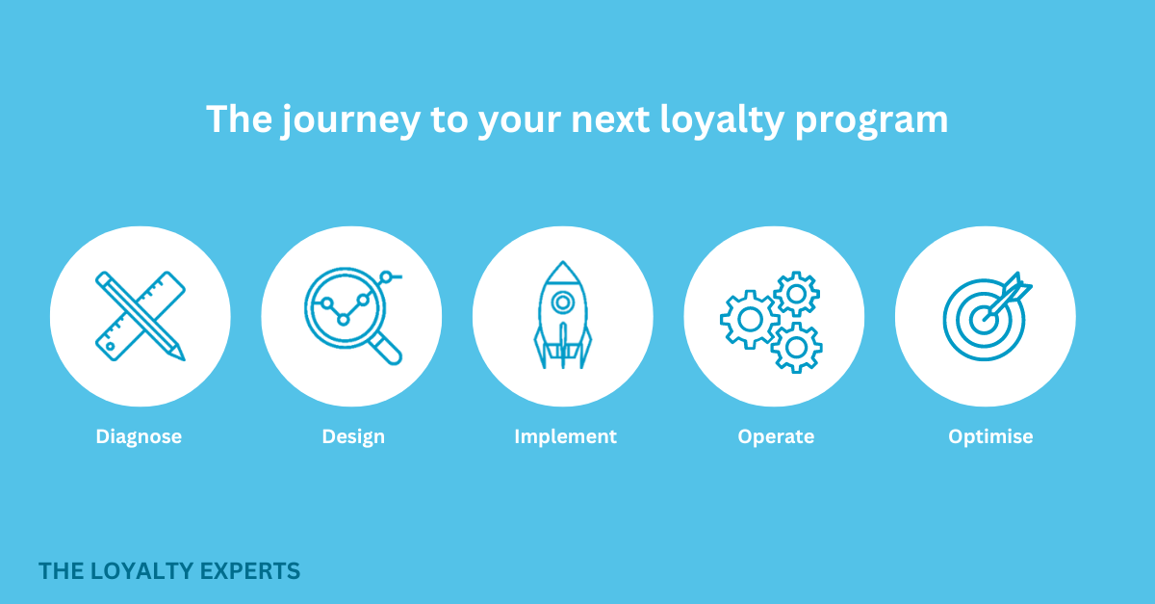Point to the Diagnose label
(x=139, y=436)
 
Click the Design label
(x=353, y=436)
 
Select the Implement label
(x=565, y=436)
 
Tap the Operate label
(x=776, y=436)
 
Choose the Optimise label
(x=990, y=436)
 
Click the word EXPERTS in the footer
(x=253, y=571)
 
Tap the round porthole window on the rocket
(x=563, y=302)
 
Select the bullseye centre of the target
(x=982, y=319)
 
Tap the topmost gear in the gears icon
(x=795, y=294)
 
